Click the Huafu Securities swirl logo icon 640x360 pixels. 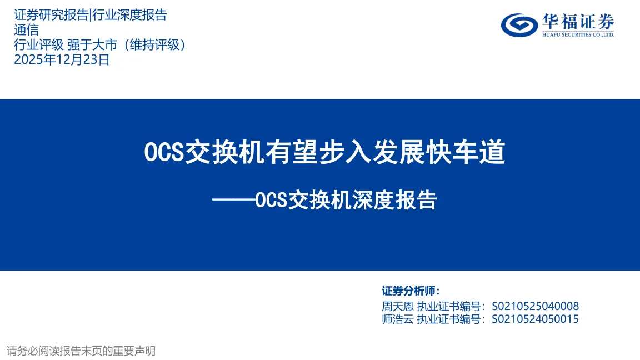point(519,25)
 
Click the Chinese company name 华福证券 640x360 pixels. point(578,22)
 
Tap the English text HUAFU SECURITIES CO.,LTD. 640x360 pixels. point(578,34)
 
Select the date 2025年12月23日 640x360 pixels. point(62,59)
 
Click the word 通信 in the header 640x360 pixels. point(26,30)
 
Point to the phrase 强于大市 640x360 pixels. point(92,44)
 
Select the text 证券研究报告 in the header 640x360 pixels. point(51,14)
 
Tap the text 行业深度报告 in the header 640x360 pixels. point(130,14)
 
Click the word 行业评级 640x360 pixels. point(39,44)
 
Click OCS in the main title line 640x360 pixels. point(164,152)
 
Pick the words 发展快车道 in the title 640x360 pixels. point(439,152)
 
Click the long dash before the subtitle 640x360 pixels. point(233,200)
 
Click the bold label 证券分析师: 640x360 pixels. point(411,291)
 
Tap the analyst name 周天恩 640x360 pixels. point(398,306)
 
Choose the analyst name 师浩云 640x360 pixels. point(398,319)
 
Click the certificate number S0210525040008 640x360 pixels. point(535,306)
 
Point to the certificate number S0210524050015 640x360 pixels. point(535,319)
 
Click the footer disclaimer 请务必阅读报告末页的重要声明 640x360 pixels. point(81,351)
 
